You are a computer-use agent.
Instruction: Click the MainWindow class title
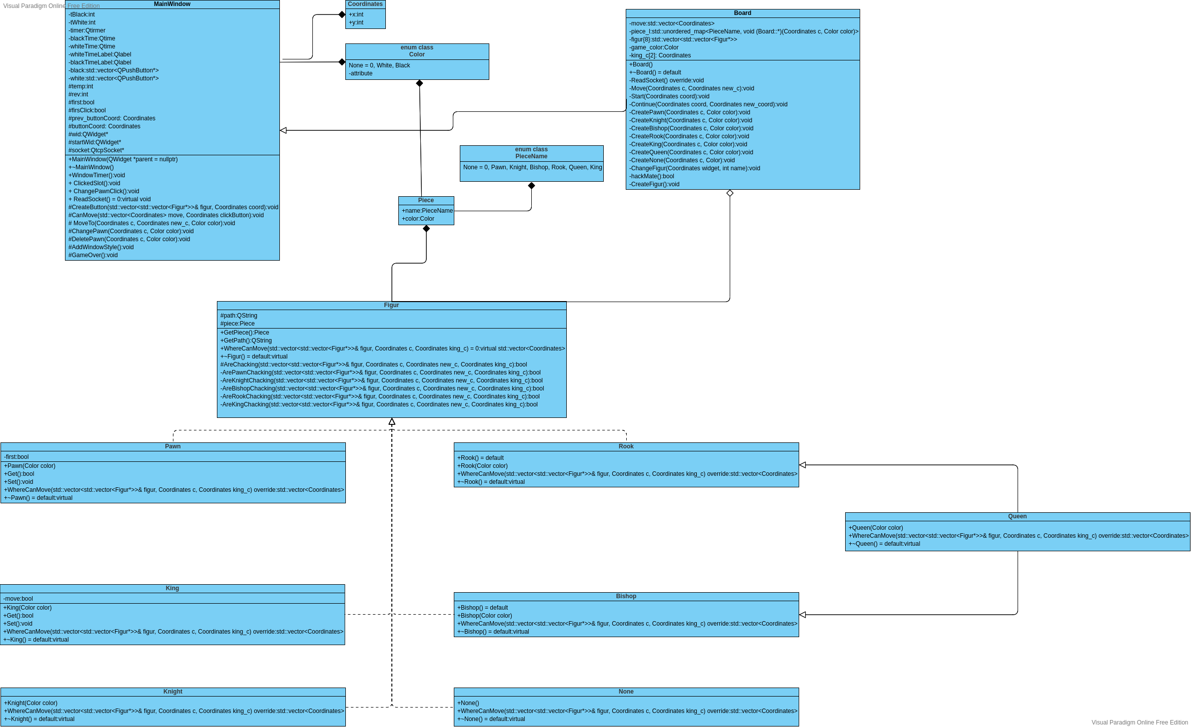tap(172, 4)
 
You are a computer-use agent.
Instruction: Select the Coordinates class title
tap(365, 4)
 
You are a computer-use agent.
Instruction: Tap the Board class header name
tap(742, 13)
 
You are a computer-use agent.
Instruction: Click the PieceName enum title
tap(531, 153)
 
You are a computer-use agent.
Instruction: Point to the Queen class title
tap(1017, 516)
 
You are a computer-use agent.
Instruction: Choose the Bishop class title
tap(626, 596)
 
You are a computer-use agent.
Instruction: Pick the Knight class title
tap(173, 692)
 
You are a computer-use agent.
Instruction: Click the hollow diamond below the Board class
tap(730, 193)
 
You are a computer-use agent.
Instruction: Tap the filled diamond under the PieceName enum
tap(531, 186)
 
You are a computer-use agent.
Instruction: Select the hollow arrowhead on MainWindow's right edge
tap(283, 130)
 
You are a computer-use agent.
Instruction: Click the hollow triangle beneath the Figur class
tap(392, 422)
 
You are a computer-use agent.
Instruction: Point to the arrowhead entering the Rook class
tap(803, 465)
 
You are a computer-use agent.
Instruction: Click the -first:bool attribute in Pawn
tap(16, 457)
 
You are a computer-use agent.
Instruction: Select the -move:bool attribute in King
tap(18, 599)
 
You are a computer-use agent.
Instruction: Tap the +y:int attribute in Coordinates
tap(356, 22)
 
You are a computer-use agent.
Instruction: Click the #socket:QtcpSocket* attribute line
tap(96, 150)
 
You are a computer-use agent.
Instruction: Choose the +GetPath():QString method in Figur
tap(246, 341)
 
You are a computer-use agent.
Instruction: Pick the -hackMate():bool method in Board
tap(652, 176)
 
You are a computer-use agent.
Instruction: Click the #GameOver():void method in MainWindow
tap(93, 255)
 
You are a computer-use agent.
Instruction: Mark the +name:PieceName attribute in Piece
tap(427, 211)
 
